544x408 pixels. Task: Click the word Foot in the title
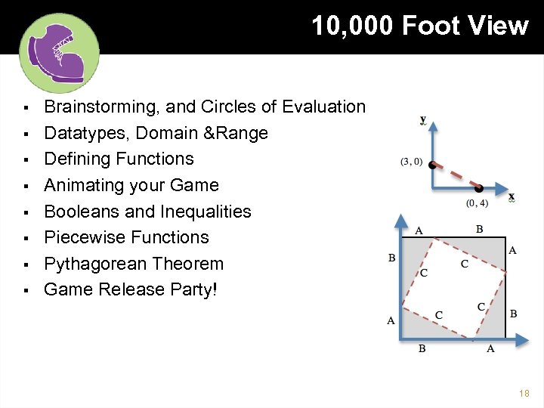pyautogui.click(x=431, y=26)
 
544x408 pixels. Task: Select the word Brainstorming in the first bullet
pyautogui.click(x=103, y=107)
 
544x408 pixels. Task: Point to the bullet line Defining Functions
pyautogui.click(x=119, y=159)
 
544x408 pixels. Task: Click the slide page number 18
pyautogui.click(x=524, y=394)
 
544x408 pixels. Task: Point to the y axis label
pyautogui.click(x=423, y=119)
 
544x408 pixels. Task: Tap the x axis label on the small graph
pyautogui.click(x=512, y=197)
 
